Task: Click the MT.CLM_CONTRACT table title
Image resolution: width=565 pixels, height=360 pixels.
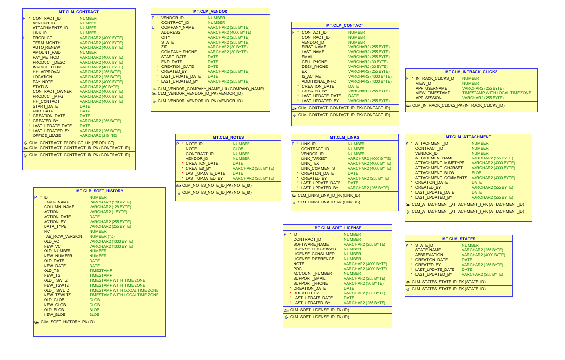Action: pos(79,12)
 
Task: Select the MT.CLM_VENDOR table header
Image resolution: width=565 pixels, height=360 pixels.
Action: pos(210,12)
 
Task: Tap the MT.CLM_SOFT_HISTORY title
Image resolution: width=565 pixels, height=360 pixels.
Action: pos(99,191)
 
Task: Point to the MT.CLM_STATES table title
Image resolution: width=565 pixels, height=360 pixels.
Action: pos(458,239)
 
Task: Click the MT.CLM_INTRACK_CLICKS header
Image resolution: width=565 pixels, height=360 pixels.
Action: pos(471,72)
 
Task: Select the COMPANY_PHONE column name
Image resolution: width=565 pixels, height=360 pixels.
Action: pos(179,52)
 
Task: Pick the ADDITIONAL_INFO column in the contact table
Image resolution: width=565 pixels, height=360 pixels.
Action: pos(319,82)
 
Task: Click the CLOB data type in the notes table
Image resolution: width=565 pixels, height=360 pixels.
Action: pos(238,149)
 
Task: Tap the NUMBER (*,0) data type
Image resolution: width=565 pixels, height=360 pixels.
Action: pos(102,236)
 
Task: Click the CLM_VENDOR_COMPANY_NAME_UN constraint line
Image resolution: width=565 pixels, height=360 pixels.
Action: pos(211,89)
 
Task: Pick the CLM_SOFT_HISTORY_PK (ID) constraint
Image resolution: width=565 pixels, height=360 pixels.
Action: pos(68,322)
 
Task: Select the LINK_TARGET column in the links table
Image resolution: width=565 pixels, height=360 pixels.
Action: pos(314,158)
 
